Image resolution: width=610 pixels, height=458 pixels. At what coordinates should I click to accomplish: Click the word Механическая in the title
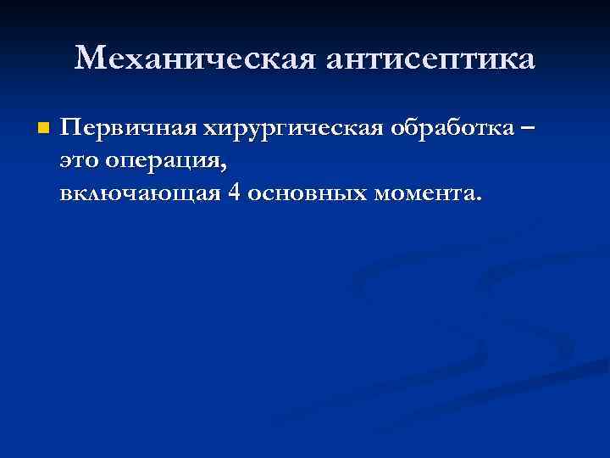tap(192, 59)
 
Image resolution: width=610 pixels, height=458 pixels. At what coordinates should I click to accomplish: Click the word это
tap(79, 162)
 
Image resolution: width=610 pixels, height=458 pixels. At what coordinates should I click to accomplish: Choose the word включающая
tap(141, 193)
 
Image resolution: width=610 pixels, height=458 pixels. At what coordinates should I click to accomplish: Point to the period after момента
tap(480, 200)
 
